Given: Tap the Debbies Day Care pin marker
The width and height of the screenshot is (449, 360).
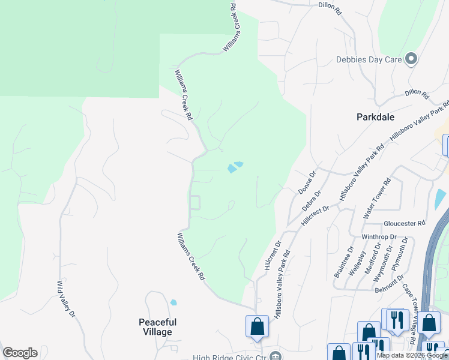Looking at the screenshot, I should click(x=411, y=59).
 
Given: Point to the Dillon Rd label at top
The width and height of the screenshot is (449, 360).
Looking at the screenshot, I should click(x=330, y=8).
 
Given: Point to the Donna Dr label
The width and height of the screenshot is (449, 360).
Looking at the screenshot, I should click(x=307, y=182).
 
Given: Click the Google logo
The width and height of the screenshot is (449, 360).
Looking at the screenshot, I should click(x=20, y=353).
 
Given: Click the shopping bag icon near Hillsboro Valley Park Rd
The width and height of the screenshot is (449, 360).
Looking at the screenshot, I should click(x=257, y=326).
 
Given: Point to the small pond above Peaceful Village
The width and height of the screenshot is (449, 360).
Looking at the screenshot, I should click(x=173, y=302).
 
